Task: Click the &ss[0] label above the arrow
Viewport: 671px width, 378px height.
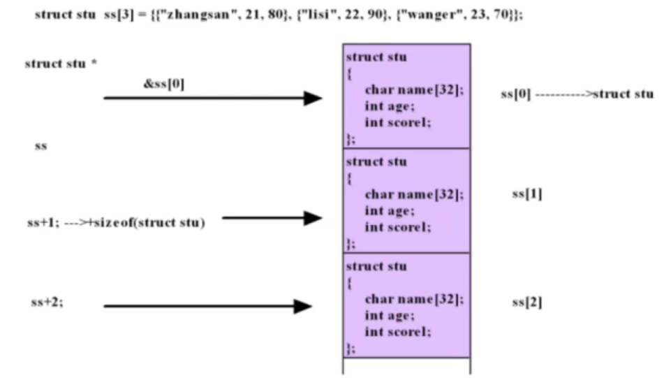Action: (164, 83)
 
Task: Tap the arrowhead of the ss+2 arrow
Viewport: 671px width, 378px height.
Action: (303, 306)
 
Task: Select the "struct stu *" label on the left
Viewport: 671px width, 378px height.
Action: (61, 64)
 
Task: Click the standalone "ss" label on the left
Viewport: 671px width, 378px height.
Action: (40, 146)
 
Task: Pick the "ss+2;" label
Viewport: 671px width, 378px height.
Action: (47, 303)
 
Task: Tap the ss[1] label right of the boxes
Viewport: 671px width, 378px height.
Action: (527, 194)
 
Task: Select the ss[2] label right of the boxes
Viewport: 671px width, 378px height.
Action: (527, 303)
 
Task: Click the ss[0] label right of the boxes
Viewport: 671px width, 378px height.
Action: (516, 94)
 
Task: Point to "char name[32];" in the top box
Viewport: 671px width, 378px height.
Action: (414, 90)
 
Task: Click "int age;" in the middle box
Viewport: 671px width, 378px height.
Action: (390, 211)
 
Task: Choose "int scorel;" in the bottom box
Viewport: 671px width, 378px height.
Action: (398, 332)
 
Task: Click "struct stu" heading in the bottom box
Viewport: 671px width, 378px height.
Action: (376, 266)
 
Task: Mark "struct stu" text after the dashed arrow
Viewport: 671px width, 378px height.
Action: (623, 94)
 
